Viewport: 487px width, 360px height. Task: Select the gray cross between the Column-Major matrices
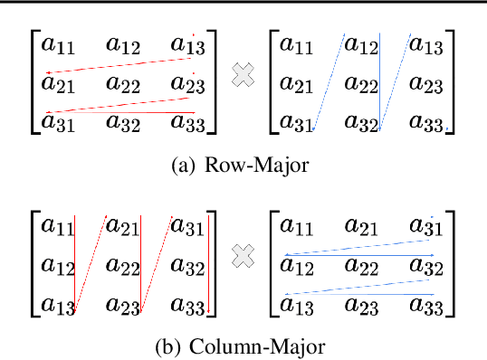[243, 260]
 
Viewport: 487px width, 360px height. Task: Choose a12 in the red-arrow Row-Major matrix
[125, 44]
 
